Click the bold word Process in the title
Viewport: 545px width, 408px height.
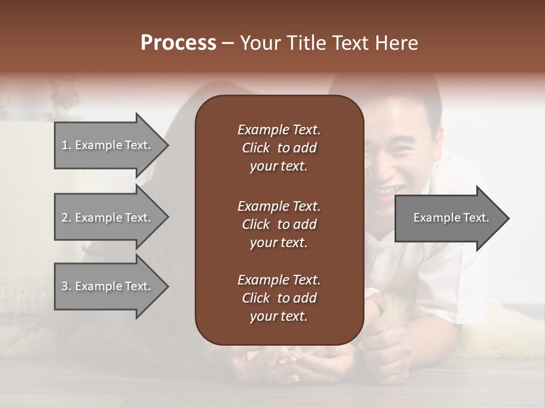pyautogui.click(x=178, y=43)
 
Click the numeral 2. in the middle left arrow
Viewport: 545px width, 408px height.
pyautogui.click(x=66, y=218)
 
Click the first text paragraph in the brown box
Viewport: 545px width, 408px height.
pyautogui.click(x=279, y=148)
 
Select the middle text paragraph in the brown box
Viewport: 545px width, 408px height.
pyautogui.click(x=279, y=224)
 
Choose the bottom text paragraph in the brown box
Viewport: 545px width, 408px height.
pyautogui.click(x=279, y=298)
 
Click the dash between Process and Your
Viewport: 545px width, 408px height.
pyautogui.click(x=228, y=43)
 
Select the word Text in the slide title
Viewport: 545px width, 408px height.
pyautogui.click(x=349, y=43)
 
